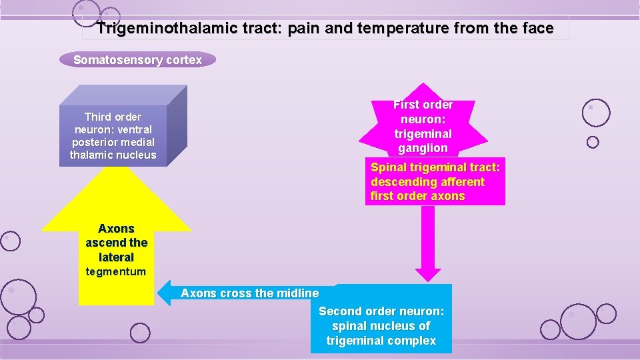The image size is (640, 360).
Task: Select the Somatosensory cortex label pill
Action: coord(137,60)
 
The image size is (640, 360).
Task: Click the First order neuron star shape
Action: coord(423,127)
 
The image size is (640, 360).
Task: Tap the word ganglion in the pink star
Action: coord(423,148)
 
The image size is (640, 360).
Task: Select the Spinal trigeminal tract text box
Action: coord(435,182)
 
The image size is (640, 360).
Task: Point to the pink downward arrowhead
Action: coord(429,274)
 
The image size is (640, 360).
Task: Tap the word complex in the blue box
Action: coord(414,341)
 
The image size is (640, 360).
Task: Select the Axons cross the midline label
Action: coord(249,293)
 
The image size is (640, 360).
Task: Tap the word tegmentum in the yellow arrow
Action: coord(116,271)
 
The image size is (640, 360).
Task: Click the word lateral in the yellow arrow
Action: coord(116,257)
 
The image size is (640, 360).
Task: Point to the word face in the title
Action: coord(539,29)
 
